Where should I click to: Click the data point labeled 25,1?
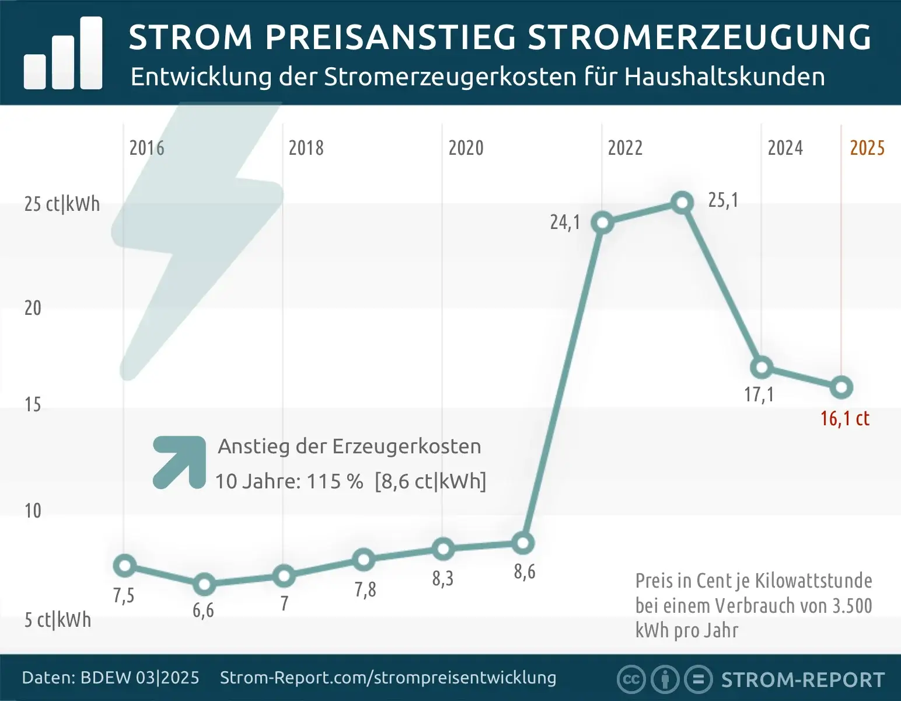click(682, 203)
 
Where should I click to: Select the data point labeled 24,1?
click(602, 223)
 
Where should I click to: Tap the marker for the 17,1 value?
click(762, 367)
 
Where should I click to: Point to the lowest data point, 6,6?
click(204, 584)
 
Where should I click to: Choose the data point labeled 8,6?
click(523, 543)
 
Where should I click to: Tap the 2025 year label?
click(867, 148)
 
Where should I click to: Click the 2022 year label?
click(625, 148)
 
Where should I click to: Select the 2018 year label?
click(306, 148)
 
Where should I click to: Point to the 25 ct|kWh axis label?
click(62, 204)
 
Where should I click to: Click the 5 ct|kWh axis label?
click(58, 619)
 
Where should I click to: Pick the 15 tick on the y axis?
click(33, 404)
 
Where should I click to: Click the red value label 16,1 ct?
click(844, 418)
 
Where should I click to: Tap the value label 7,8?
click(365, 589)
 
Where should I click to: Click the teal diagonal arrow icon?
click(180, 461)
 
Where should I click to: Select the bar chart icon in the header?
click(63, 54)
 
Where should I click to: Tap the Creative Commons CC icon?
click(631, 679)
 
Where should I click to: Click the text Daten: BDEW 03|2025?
click(110, 678)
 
